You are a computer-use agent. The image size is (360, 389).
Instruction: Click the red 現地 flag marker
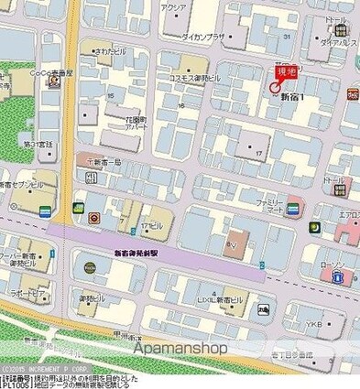284,72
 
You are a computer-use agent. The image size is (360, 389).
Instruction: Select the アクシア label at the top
173,7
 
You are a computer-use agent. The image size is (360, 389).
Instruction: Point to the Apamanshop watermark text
180,347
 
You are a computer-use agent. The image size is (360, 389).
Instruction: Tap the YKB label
313,324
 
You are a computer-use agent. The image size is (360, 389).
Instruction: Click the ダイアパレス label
338,42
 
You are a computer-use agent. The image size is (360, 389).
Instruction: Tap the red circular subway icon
94,218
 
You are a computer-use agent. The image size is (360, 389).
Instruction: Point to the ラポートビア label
27,293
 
